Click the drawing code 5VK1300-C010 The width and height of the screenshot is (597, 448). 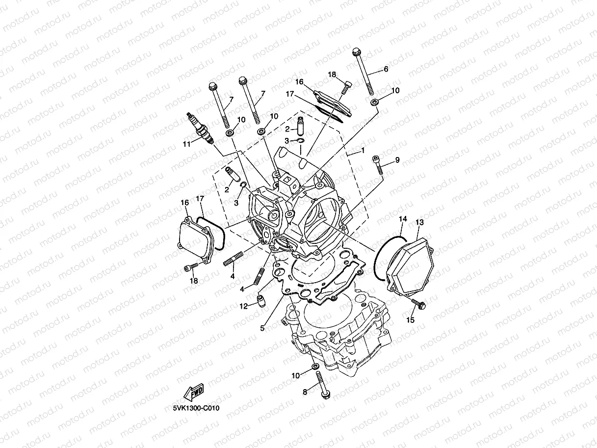196,408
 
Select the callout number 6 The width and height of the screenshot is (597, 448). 386,70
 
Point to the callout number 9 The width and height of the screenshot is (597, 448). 397,160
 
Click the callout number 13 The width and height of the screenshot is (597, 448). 419,222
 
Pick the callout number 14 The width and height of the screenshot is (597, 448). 402,219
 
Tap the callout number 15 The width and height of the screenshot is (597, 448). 410,320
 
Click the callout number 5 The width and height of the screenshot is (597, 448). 262,328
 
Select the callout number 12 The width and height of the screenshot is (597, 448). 243,307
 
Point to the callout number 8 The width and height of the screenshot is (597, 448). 305,392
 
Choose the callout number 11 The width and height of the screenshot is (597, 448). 186,144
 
